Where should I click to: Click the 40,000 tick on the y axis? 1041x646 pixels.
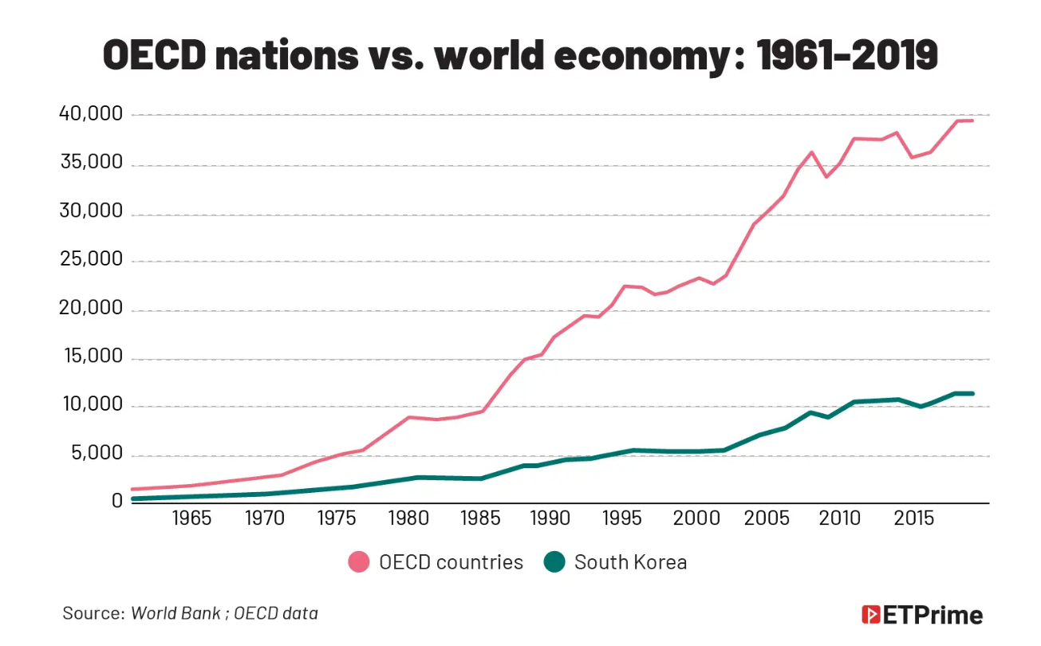[x=91, y=115]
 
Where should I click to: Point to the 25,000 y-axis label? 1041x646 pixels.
[x=91, y=260]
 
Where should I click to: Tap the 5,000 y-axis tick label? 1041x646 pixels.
[x=97, y=455]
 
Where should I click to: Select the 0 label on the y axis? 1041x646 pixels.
[x=117, y=501]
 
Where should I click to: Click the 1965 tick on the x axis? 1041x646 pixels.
[x=191, y=519]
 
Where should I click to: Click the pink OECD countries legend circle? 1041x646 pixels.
[x=360, y=562]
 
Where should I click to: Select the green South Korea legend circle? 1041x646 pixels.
[x=554, y=562]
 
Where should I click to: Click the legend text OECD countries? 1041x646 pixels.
[x=451, y=562]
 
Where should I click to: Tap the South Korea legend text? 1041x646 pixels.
[x=630, y=562]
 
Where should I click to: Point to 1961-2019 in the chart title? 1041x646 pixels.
[x=847, y=56]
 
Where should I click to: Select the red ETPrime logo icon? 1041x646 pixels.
[x=870, y=615]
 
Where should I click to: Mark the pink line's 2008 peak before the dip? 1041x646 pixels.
[x=811, y=152]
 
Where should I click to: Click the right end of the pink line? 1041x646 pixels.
[x=972, y=120]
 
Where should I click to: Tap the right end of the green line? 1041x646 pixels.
[x=972, y=393]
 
